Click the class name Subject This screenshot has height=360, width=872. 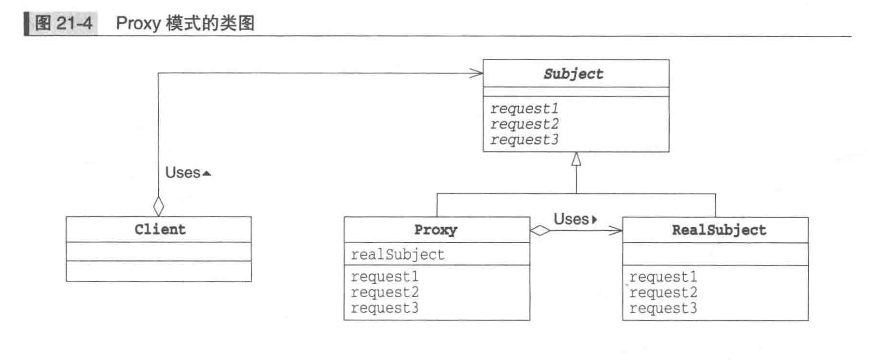573,74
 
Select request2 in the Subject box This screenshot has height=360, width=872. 524,125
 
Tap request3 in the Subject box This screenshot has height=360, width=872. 524,140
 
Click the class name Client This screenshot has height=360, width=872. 160,229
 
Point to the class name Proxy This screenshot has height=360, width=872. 435,230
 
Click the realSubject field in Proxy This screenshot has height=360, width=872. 397,254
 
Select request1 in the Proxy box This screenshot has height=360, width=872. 385,277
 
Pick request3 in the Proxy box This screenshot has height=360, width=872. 385,308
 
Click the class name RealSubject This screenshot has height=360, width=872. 719,230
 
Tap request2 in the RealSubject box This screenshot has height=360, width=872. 663,292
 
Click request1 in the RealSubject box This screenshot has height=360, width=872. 663,277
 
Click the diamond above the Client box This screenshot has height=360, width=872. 158,207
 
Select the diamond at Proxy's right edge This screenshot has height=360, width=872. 540,231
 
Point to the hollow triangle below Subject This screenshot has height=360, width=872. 576,159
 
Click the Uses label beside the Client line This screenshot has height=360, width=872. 183,173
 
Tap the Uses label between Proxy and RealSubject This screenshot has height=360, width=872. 571,219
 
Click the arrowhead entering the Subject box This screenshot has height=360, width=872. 477,73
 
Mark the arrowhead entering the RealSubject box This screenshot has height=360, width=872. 616,231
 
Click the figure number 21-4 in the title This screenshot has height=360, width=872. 73,23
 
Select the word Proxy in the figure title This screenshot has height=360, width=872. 138,23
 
